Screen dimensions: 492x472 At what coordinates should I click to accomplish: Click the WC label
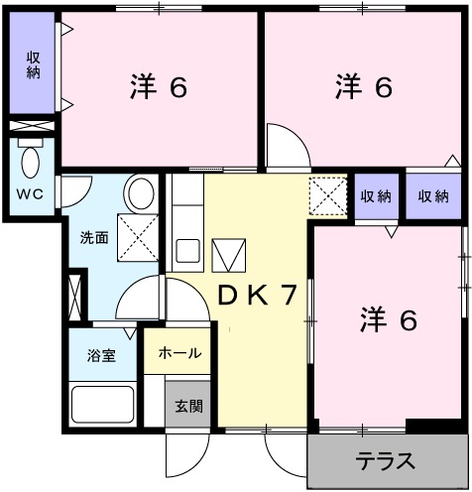28,193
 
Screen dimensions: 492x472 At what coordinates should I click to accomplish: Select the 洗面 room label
94,238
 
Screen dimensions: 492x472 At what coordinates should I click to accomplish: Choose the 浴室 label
100,355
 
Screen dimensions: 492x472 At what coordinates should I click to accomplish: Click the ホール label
178,352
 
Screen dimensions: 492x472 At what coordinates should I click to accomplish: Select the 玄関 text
188,405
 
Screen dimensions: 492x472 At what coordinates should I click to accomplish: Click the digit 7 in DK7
288,297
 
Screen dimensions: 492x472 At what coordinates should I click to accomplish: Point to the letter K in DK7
254,297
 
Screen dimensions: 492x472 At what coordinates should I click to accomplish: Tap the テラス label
386,462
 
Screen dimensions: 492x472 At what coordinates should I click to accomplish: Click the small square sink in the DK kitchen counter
187,249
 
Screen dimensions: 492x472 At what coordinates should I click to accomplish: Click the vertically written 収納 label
33,65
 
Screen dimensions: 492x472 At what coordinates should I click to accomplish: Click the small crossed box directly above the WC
33,127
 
